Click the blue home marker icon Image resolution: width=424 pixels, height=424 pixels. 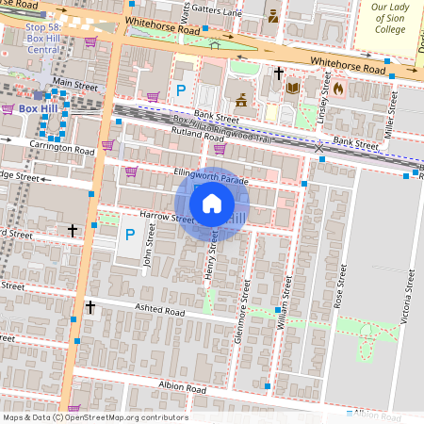(212, 204)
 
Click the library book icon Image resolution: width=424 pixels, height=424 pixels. (292, 88)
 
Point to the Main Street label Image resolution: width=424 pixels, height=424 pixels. (75, 85)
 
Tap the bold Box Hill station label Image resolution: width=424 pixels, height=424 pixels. (44, 108)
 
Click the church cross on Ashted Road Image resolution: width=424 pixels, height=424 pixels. (90, 307)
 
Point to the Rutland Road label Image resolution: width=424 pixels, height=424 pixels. (179, 131)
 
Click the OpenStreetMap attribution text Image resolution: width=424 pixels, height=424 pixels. (95, 417)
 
